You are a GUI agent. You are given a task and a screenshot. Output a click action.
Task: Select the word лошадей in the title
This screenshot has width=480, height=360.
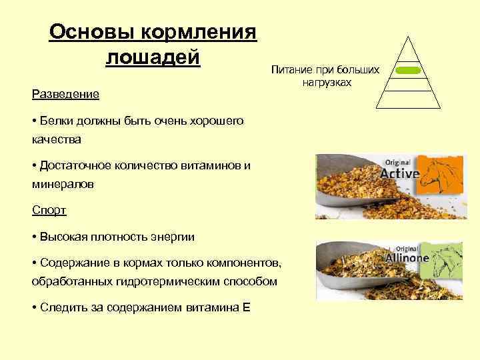153,57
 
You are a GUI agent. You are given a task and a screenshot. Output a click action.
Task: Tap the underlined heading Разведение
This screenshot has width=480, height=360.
65,94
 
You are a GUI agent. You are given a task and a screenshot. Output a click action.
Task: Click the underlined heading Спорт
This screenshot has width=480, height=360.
49,210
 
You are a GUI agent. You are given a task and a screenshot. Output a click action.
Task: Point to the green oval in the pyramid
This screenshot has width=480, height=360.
407,70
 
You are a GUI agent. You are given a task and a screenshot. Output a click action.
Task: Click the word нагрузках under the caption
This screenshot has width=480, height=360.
325,82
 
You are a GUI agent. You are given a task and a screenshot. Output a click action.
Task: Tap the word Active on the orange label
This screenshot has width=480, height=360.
399,174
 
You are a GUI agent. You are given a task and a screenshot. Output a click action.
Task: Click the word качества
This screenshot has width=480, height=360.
56,140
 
